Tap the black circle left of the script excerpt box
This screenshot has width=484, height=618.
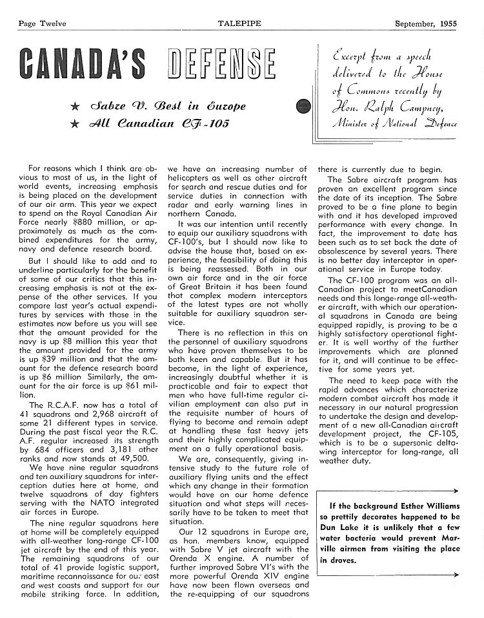click(303, 107)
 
